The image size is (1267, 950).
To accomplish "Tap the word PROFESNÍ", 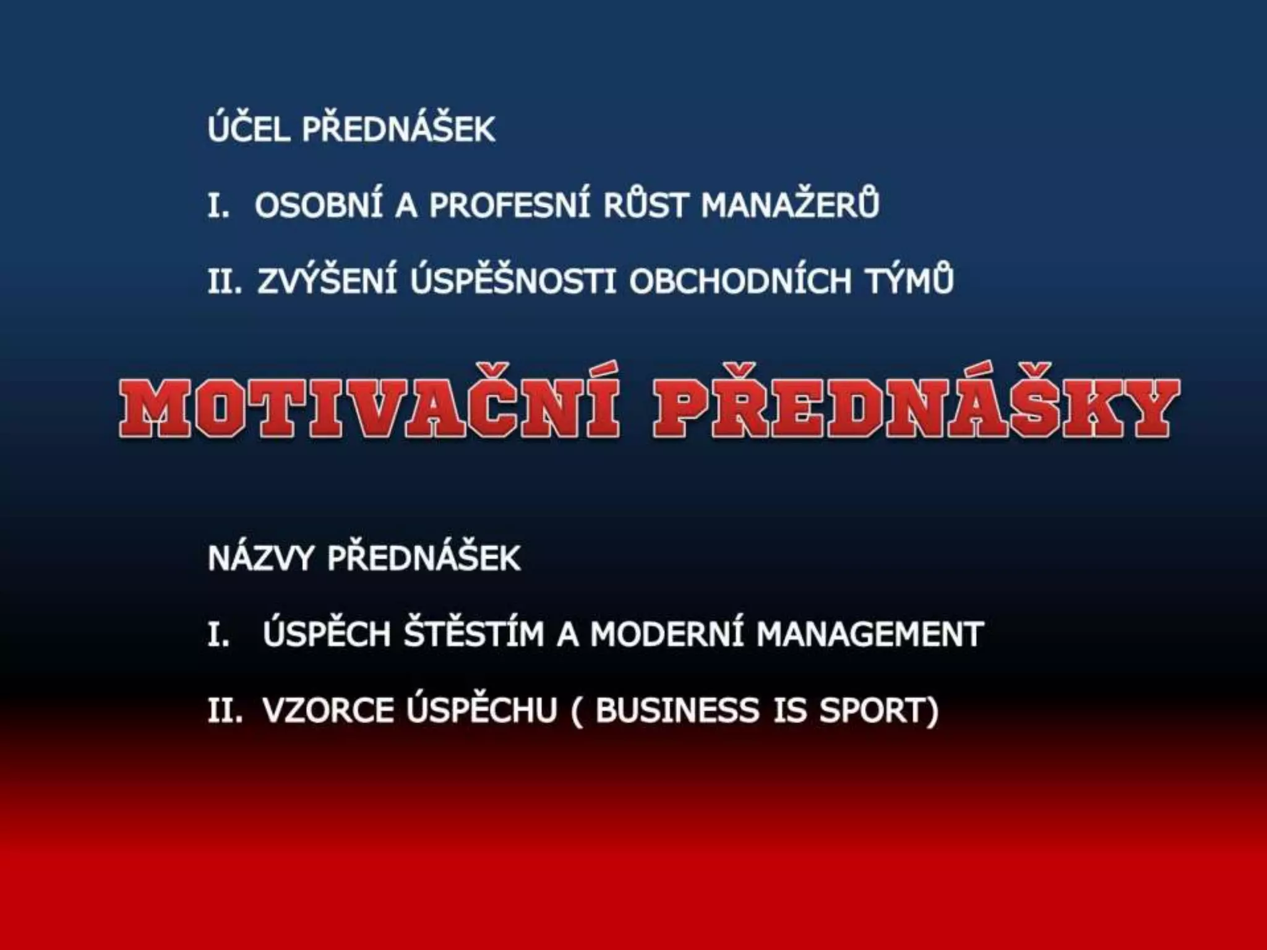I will tap(510, 205).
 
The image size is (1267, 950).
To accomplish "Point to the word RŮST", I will tap(645, 205).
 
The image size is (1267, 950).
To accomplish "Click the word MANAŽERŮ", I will tap(790, 205).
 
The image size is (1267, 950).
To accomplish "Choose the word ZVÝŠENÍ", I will tap(327, 281).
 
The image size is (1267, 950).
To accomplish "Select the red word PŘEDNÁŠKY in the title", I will tap(916, 409).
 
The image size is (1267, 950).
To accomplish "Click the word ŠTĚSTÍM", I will tap(473, 635).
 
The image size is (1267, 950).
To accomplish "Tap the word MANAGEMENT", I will tap(870, 635).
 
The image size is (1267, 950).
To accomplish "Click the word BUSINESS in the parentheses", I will tap(677, 710).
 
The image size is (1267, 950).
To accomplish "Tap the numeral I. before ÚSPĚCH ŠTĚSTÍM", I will tap(218, 635).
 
